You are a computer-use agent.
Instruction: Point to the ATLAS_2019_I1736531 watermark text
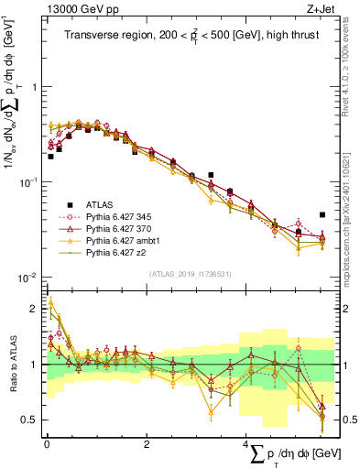[x=191, y=274]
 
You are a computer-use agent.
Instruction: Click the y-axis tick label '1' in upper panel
[x=35, y=87]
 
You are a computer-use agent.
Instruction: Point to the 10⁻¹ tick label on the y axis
[x=30, y=181]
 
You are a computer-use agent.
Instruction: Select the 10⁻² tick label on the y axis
[x=30, y=277]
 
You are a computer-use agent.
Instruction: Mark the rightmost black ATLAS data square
[x=322, y=214]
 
